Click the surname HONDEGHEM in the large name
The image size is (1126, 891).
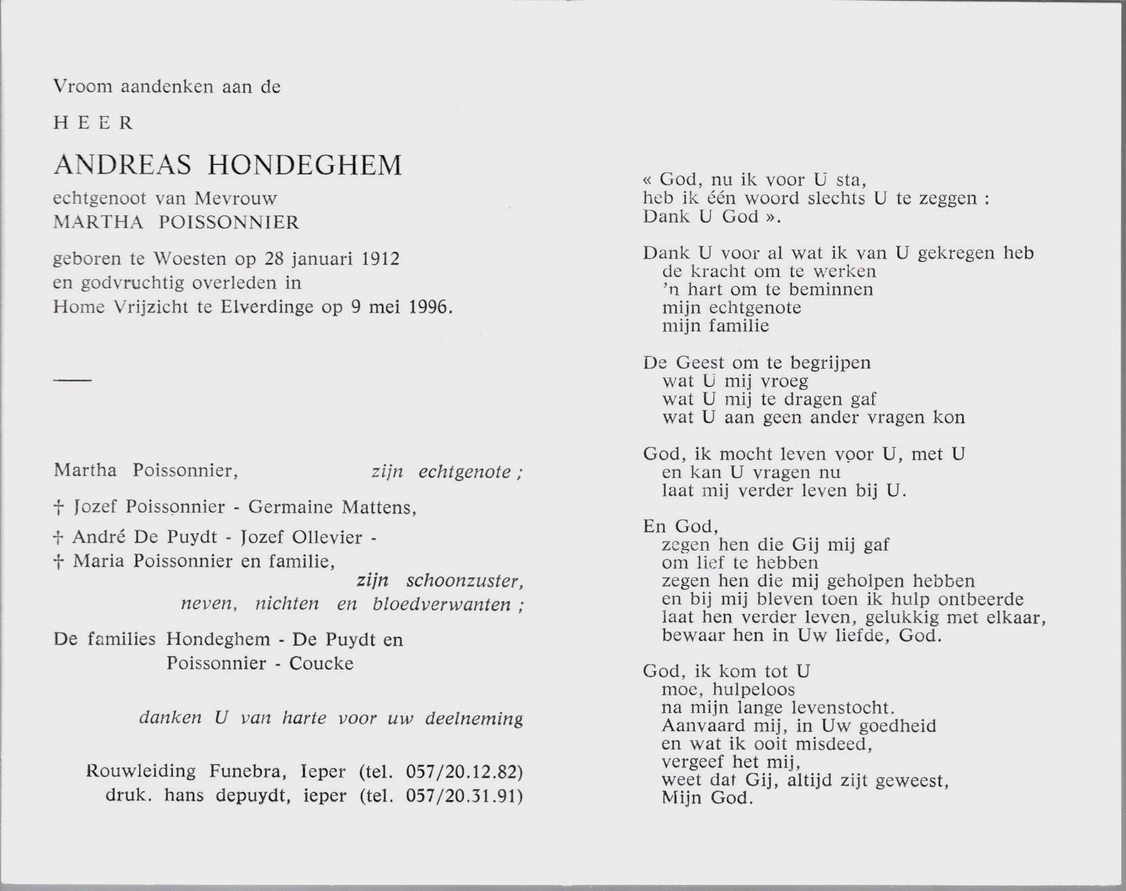click(x=307, y=165)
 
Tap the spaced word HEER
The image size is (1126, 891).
click(x=94, y=123)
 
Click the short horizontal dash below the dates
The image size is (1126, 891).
click(x=72, y=380)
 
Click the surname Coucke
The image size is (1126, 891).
click(x=321, y=663)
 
